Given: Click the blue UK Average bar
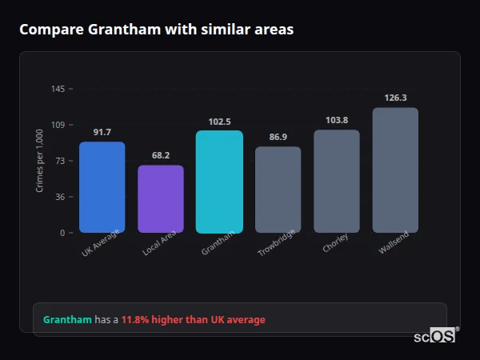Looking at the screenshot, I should click(x=102, y=187).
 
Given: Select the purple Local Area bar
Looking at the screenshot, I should click(x=161, y=199).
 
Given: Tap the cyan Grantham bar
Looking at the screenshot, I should click(x=219, y=182).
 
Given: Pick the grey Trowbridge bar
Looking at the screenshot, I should click(x=278, y=190).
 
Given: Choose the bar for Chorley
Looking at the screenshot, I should click(x=337, y=181).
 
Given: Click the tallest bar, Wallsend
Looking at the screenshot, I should click(x=395, y=170).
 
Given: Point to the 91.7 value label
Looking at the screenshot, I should click(x=102, y=132).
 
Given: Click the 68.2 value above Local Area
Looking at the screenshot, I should click(x=161, y=155).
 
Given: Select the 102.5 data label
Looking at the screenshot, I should click(x=219, y=122).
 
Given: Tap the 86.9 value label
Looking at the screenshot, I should click(x=278, y=138).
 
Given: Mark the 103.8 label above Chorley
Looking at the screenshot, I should click(x=337, y=120).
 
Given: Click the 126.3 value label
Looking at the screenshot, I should click(x=395, y=98).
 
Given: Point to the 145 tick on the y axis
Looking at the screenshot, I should click(x=58, y=89).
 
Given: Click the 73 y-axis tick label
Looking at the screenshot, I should click(x=60, y=161).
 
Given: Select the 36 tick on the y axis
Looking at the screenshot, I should click(x=60, y=197).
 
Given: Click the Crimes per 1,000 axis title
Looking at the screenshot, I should click(x=39, y=160).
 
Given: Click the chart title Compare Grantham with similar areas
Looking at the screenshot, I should click(x=156, y=30).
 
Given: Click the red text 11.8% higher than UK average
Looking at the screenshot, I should click(x=193, y=320).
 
